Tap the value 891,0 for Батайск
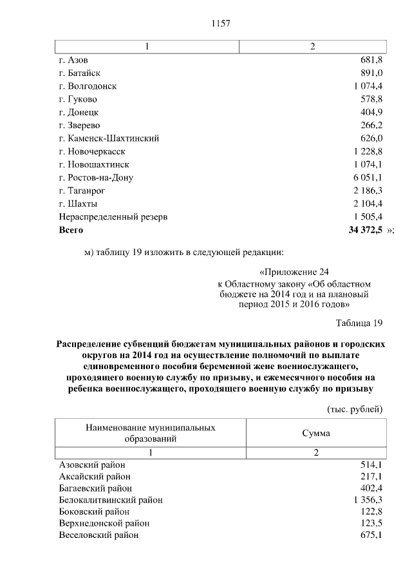[x=371, y=73]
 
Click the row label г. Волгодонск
[x=88, y=86]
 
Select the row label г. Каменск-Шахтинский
[x=109, y=139]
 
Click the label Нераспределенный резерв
[x=113, y=217]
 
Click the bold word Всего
[x=71, y=230]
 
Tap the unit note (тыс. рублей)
[x=355, y=409]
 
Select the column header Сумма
[x=316, y=434]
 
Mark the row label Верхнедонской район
[x=104, y=524]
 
